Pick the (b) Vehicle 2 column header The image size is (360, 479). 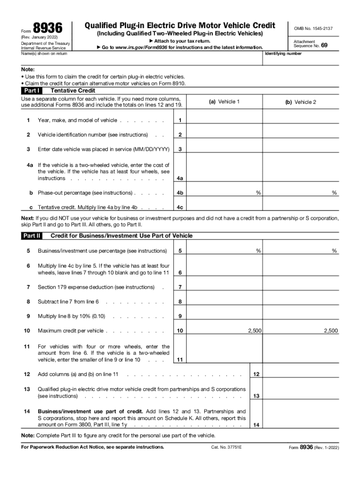tap(301, 102)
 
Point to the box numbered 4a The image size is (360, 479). tap(180, 178)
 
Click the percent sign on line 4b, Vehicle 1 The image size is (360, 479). tap(258, 193)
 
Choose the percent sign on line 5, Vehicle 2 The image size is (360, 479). tap(334, 251)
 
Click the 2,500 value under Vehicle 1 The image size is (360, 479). tap(254, 331)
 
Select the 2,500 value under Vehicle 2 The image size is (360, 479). tap(331, 331)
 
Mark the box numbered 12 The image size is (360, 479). tap(256, 374)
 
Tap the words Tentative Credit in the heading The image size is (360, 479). tap(72, 91)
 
